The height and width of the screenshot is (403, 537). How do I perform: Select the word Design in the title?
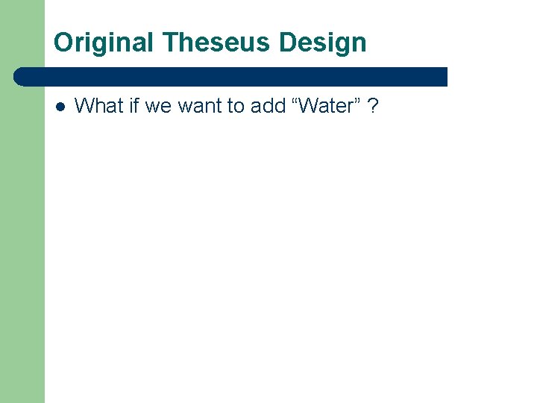(x=323, y=43)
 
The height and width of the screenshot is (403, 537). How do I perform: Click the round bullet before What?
(x=60, y=106)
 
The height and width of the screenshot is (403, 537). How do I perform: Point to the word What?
(x=99, y=106)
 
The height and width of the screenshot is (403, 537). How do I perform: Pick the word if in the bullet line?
(x=134, y=106)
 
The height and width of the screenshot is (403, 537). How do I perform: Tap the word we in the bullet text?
(x=159, y=106)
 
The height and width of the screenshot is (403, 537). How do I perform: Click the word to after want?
(x=236, y=106)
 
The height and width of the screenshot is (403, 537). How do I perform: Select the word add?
(x=268, y=106)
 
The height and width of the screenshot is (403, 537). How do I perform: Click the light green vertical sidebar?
(x=22, y=239)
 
